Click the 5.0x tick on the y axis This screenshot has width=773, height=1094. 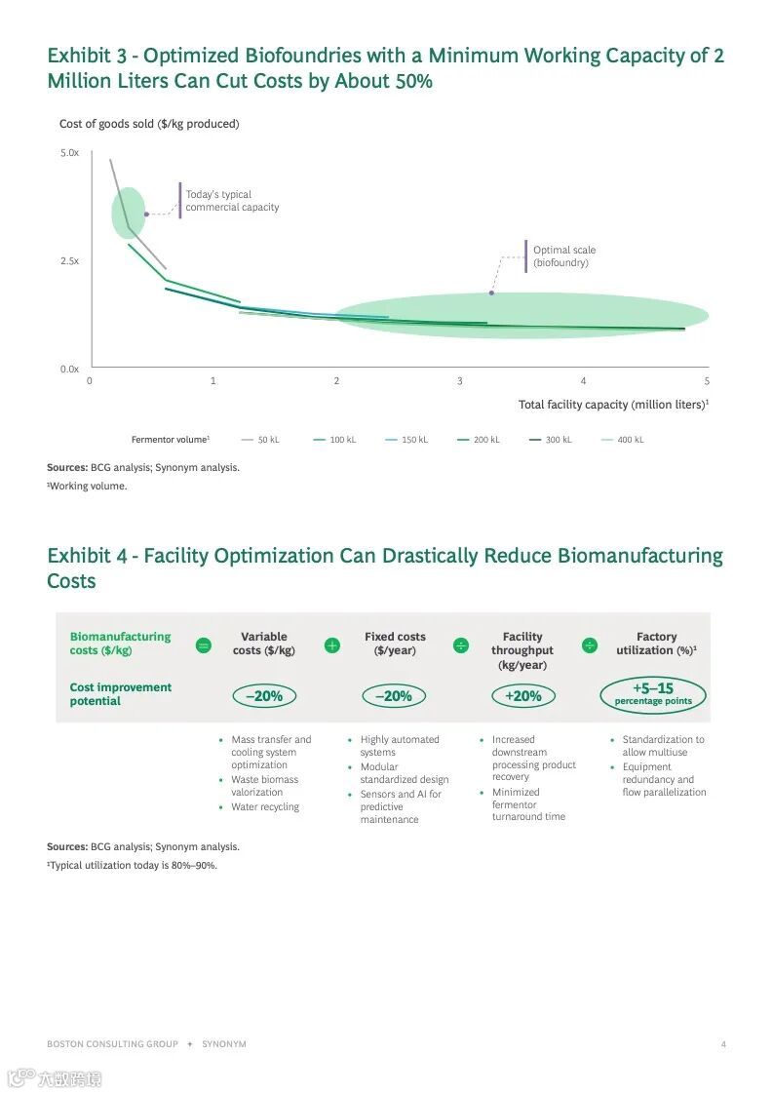(x=69, y=153)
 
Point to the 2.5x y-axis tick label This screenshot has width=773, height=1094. (x=69, y=261)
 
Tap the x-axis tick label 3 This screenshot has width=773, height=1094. (x=460, y=381)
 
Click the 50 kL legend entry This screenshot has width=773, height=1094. (x=260, y=440)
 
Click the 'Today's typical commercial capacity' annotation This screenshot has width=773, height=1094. (x=232, y=201)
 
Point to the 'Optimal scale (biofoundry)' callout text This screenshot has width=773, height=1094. (x=563, y=256)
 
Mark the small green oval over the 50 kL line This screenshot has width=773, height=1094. (x=129, y=214)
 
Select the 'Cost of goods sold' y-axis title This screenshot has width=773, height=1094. (x=149, y=124)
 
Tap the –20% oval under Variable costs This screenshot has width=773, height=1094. (x=263, y=696)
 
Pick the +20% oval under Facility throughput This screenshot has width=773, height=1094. (x=522, y=696)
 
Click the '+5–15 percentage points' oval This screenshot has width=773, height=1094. (x=653, y=694)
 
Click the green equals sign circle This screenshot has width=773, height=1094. (x=204, y=645)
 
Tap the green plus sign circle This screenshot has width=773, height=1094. (x=332, y=645)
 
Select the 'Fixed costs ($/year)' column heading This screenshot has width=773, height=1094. (x=395, y=644)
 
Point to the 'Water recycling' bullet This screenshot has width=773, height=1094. (x=265, y=807)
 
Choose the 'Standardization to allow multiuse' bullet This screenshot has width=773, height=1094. (x=663, y=746)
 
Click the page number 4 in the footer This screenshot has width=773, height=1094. (x=723, y=1044)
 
